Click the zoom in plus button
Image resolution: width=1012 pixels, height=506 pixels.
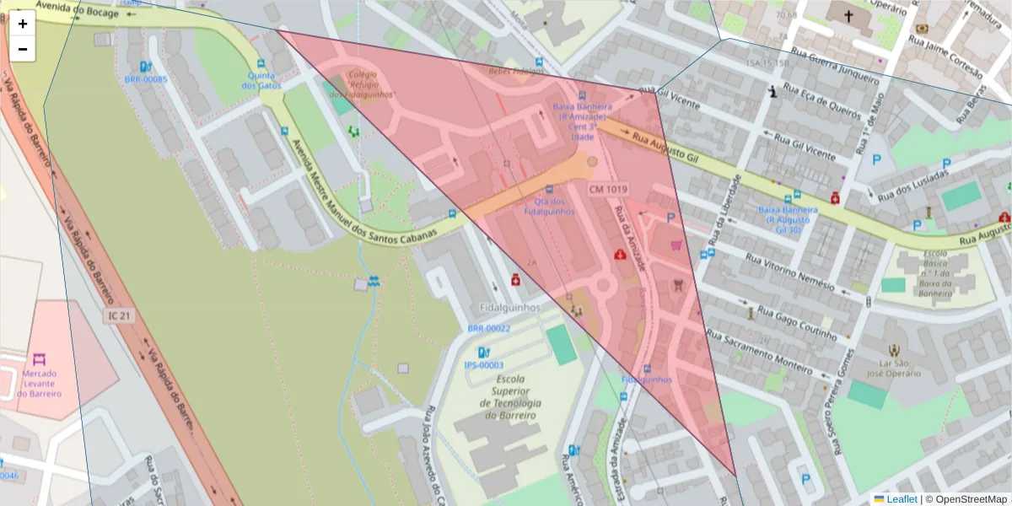[x=23, y=24]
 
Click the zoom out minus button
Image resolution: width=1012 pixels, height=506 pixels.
[x=23, y=49]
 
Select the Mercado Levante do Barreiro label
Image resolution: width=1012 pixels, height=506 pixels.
[x=40, y=384]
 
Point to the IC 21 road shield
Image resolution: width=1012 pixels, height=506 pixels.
[x=119, y=315]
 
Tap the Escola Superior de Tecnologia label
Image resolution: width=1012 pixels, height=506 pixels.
[x=510, y=397]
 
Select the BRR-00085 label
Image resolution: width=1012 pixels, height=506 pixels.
[x=146, y=80]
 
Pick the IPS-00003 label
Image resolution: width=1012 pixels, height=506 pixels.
[x=483, y=365]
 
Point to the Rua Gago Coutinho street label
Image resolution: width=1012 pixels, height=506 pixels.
[x=797, y=324]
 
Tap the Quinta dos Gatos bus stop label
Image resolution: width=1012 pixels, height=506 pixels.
[x=261, y=80]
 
